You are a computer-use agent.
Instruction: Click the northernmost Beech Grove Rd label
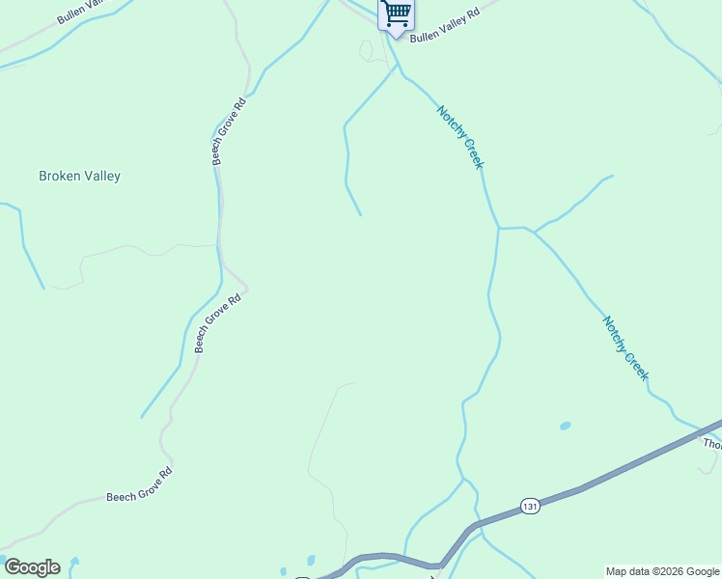tap(230, 131)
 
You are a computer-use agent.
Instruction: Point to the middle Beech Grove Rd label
tap(216, 324)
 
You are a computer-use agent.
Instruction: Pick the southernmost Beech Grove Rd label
tap(139, 484)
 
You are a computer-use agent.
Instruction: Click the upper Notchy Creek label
tap(459, 137)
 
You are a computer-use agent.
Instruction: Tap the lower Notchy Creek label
tap(625, 347)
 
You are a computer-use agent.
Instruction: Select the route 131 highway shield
tap(529, 506)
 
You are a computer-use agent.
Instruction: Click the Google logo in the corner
tap(31, 567)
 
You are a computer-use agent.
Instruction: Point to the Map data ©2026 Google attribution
tap(662, 571)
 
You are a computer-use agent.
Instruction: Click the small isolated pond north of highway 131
tap(565, 426)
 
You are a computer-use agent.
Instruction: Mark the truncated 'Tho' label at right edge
tap(712, 444)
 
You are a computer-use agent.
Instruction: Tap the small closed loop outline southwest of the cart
tap(366, 49)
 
